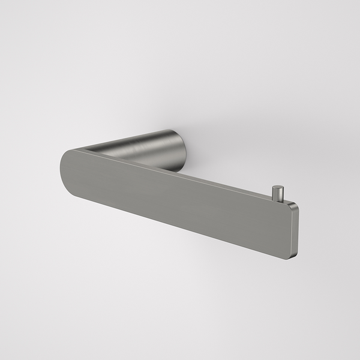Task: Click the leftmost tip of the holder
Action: click(61, 161)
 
